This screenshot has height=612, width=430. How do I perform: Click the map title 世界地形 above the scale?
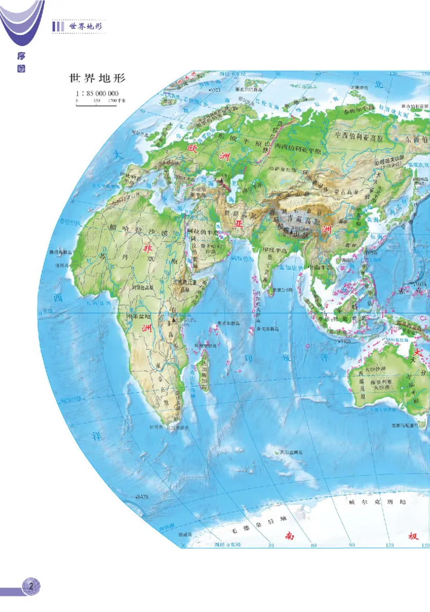[97, 79]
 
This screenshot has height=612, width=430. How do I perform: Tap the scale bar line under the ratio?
[97, 105]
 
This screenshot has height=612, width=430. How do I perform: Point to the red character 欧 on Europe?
[191, 147]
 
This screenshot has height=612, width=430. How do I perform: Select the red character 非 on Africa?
[146, 248]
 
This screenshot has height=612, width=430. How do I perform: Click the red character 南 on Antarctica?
[290, 536]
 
